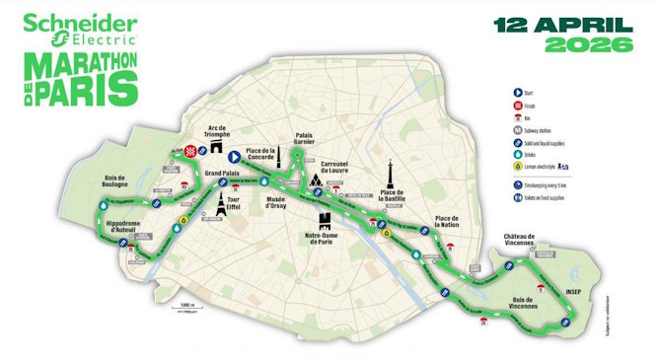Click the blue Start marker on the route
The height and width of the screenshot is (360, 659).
pyautogui.click(x=234, y=156)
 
